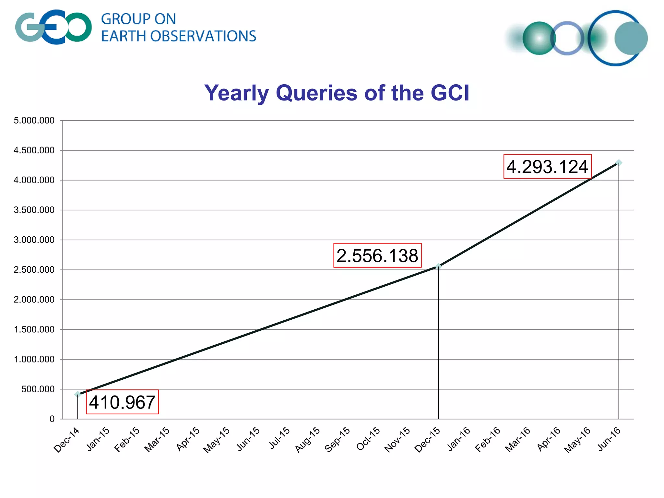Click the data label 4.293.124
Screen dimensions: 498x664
[x=547, y=167]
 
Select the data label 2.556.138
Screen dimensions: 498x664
[x=377, y=255]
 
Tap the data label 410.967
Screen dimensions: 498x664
[x=122, y=402]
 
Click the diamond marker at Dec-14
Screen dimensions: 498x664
[x=77, y=394]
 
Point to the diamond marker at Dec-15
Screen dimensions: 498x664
[x=438, y=266]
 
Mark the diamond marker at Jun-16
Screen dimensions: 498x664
[x=619, y=162]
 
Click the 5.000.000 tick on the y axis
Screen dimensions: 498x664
[x=34, y=121]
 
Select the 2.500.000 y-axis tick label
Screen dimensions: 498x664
[x=34, y=270]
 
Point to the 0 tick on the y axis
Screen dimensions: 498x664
[x=52, y=419]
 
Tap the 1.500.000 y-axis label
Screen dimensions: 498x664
[x=34, y=329]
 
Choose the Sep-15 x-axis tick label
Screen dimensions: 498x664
[x=338, y=440]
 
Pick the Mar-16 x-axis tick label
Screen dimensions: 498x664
[x=518, y=440]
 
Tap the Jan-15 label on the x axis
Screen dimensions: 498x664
[x=98, y=439]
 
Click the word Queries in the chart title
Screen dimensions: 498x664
[x=316, y=93]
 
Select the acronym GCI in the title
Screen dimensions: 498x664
[x=450, y=93]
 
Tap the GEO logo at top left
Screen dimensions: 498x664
[x=53, y=27]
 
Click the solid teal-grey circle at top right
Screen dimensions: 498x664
[x=631, y=38]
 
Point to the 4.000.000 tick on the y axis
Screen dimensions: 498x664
[x=34, y=180]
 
